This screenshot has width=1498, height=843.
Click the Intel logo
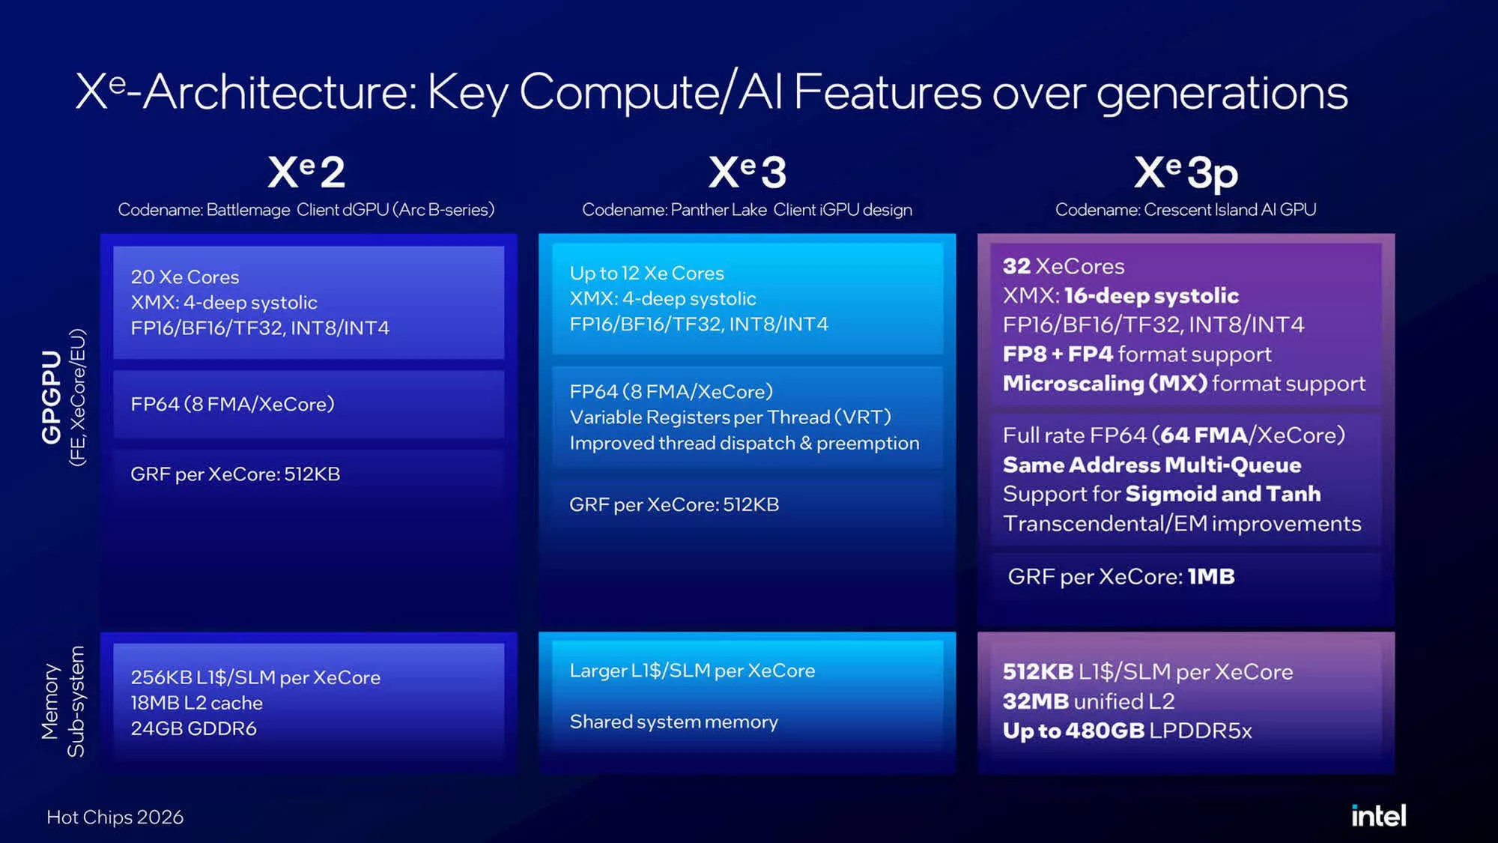[x=1378, y=815]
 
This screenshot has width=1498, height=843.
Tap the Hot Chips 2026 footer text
[x=115, y=817]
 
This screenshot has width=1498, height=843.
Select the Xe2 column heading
[x=306, y=172]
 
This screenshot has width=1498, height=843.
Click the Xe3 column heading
[x=747, y=172]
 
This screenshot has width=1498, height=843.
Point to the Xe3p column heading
[x=1186, y=173]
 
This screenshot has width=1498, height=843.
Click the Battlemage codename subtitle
[x=306, y=210]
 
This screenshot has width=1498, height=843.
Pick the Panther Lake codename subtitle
[x=747, y=210]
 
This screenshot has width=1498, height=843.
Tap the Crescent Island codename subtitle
[x=1186, y=210]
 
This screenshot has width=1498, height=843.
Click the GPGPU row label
[x=51, y=397]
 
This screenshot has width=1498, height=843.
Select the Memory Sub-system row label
[x=63, y=701]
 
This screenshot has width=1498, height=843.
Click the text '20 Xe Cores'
[x=185, y=277]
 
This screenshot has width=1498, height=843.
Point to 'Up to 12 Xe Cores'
[x=647, y=273]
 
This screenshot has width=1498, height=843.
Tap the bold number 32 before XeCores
[x=1016, y=266]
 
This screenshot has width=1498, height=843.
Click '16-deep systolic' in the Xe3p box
[x=1151, y=295]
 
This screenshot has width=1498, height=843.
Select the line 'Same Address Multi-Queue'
[x=1152, y=465]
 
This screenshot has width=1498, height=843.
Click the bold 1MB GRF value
[x=1211, y=576]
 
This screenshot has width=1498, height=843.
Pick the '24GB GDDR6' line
[x=193, y=728]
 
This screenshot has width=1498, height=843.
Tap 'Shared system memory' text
[x=673, y=722]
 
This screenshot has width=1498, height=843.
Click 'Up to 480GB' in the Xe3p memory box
[x=1073, y=731]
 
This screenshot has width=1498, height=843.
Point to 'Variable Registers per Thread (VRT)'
[x=730, y=417]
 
